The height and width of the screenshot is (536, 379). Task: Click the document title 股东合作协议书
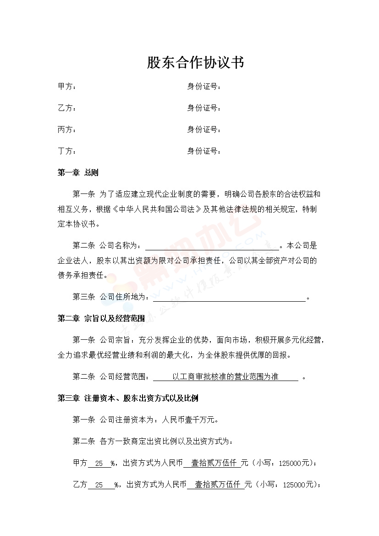coord(195,63)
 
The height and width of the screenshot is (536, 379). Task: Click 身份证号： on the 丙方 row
coord(204,130)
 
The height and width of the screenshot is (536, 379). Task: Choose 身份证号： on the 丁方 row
coord(204,151)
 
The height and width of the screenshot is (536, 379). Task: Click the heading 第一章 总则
coord(78,173)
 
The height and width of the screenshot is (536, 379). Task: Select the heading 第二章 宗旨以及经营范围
coord(101,319)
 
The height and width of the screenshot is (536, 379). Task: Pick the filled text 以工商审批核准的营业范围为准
coord(225,377)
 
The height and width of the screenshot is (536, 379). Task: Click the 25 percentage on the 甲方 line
coord(99,463)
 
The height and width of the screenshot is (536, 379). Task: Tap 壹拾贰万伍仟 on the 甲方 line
coord(212,463)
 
